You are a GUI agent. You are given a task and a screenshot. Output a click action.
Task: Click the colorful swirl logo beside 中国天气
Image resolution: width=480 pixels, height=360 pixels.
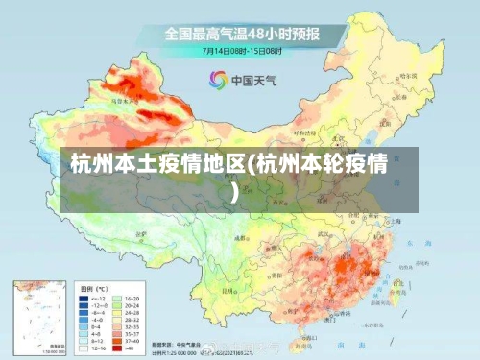pyautogui.click(x=218, y=80)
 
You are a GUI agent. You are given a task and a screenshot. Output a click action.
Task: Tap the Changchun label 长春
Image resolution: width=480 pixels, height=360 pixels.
pyautogui.click(x=411, y=103)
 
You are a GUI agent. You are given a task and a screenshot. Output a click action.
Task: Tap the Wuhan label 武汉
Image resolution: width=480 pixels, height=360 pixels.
pyautogui.click(x=339, y=232)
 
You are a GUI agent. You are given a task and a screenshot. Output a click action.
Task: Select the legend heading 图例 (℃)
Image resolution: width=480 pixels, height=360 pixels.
pyautogui.click(x=93, y=288)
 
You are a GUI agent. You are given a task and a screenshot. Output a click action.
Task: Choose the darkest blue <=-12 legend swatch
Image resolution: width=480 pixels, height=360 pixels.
pyautogui.click(x=84, y=300)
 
